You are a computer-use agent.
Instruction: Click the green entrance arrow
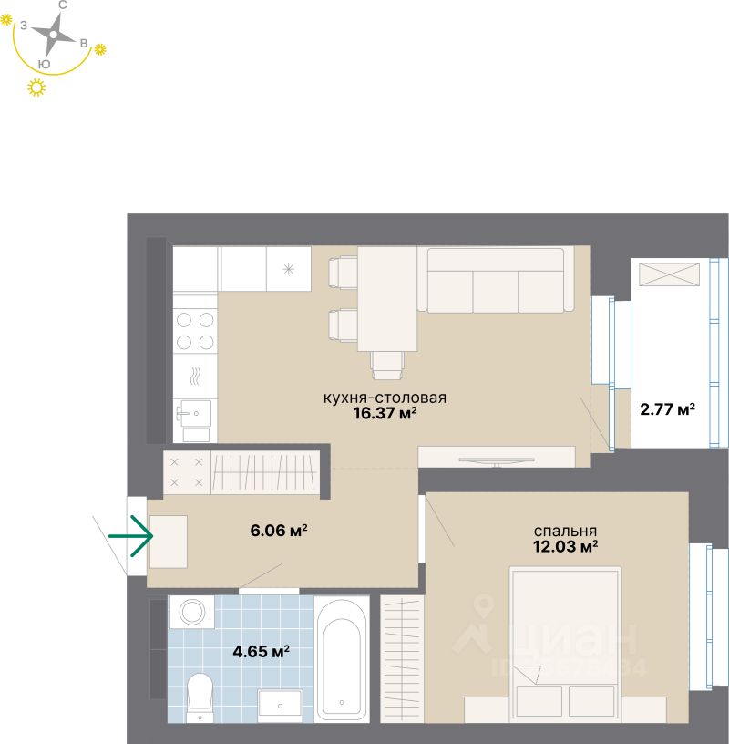130,535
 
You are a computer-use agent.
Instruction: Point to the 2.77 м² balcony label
667,408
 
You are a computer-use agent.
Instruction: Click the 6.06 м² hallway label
278,530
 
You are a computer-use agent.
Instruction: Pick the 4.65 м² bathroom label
262,651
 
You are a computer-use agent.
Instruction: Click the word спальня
565,531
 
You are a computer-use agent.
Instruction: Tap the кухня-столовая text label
384,398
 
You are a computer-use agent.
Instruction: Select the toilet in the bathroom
199,695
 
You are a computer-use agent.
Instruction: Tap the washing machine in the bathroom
191,611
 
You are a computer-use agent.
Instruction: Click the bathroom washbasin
280,703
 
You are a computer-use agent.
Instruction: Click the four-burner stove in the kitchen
195,331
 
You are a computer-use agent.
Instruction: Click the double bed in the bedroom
565,643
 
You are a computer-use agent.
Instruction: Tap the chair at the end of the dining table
387,365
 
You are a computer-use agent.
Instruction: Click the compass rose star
54,35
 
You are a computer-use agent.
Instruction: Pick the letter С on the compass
62,5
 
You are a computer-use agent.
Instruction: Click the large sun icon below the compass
37,88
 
